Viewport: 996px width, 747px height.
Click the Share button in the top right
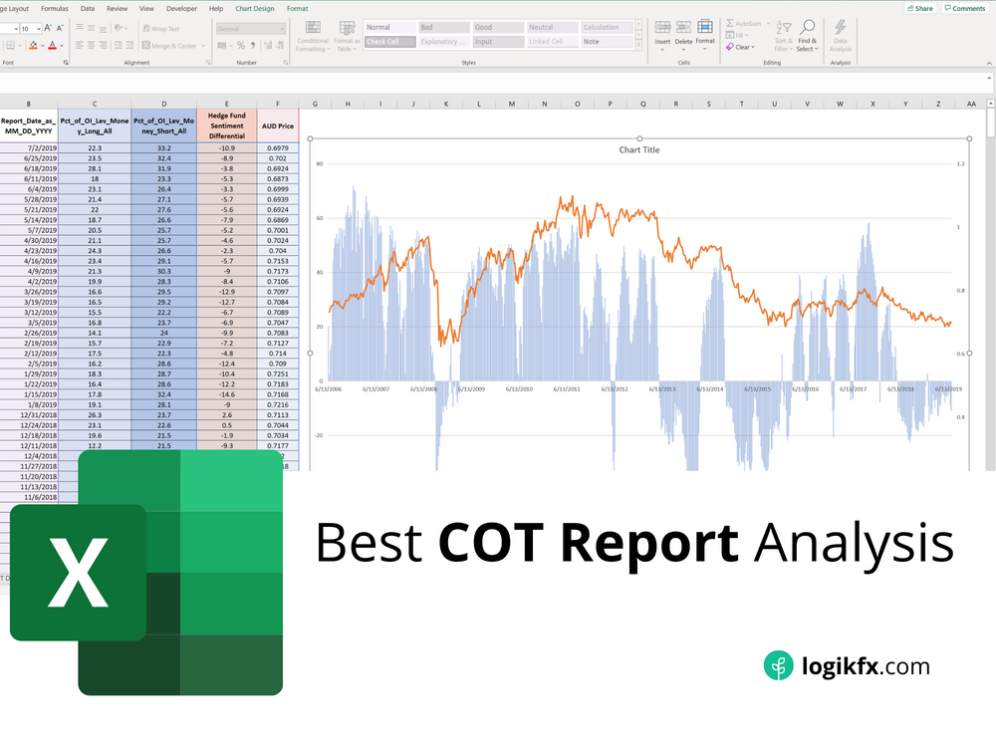[x=919, y=8]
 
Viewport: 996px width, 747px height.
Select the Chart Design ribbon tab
[x=254, y=8]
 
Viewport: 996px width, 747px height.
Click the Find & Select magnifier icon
[x=807, y=27]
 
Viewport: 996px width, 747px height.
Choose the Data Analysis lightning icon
[x=841, y=28]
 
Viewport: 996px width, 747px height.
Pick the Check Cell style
[x=389, y=42]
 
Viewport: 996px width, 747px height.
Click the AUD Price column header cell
[x=278, y=126]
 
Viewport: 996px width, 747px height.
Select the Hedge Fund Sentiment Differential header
[x=226, y=125]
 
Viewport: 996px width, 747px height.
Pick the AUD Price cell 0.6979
[x=278, y=147]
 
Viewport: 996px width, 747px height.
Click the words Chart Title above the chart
[x=638, y=150]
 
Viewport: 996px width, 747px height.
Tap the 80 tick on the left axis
[x=319, y=164]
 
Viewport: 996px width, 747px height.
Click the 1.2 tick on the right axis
[x=960, y=164]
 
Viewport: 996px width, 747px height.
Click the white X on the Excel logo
[x=79, y=572]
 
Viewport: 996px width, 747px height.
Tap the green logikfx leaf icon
[x=778, y=665]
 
